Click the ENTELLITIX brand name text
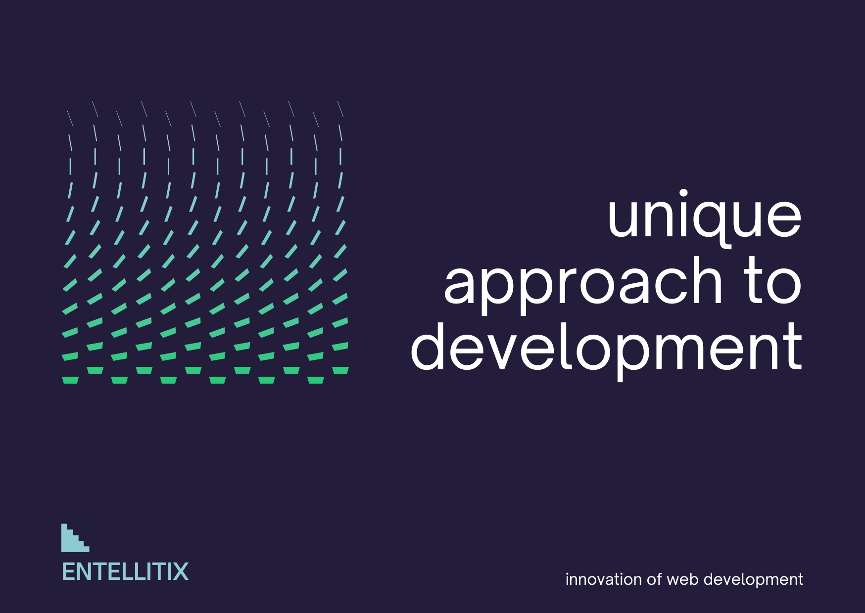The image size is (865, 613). point(125,572)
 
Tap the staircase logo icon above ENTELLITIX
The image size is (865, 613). point(75,538)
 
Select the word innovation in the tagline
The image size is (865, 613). point(604,579)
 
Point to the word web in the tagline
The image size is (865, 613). point(683,579)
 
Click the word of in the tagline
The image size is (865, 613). point(654,579)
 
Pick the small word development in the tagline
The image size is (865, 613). point(753,580)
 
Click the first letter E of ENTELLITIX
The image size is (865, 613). point(68,572)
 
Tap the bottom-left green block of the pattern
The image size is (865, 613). point(70,380)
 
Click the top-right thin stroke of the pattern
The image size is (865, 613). point(340,109)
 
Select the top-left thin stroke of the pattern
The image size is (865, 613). point(70,119)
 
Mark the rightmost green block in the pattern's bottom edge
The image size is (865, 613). point(340,370)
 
